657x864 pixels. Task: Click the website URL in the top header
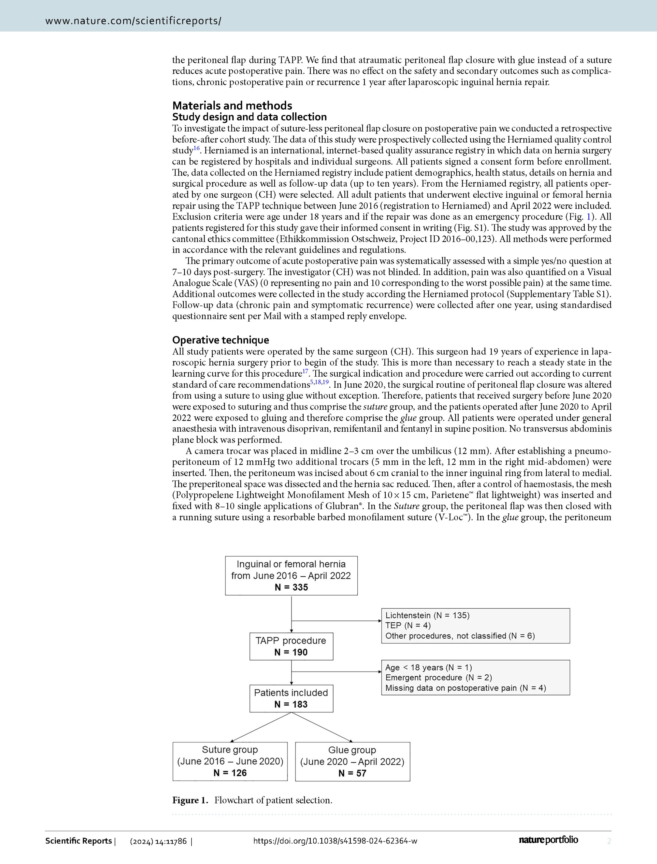pyautogui.click(x=133, y=21)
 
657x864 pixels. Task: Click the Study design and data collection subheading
pyautogui.click(x=249, y=117)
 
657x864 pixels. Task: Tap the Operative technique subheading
pyautogui.click(x=221, y=340)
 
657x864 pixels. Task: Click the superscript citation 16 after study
pyautogui.click(x=197, y=148)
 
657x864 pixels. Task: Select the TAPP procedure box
pyautogui.click(x=291, y=646)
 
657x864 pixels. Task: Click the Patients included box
pyautogui.click(x=291, y=698)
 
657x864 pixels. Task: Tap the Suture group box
pyautogui.click(x=230, y=761)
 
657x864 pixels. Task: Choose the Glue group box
pyautogui.click(x=352, y=761)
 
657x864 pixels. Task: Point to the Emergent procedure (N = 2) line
pyautogui.click(x=438, y=677)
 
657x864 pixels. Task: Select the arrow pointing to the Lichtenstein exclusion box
pyautogui.click(x=336, y=621)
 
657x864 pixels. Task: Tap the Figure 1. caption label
pyautogui.click(x=190, y=800)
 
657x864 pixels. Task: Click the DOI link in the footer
pyautogui.click(x=335, y=841)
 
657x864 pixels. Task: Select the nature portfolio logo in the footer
pyautogui.click(x=548, y=840)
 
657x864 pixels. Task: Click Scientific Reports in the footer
pyautogui.click(x=79, y=841)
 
